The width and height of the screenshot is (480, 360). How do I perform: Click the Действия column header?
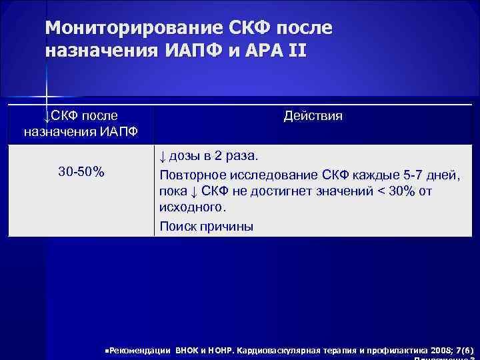coord(313,116)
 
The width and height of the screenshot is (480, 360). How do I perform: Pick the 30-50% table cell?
coord(81,172)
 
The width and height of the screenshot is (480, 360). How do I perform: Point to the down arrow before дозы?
coord(162,157)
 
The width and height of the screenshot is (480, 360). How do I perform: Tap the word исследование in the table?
coord(266,175)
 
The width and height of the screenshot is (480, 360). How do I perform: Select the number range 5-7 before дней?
coord(401,175)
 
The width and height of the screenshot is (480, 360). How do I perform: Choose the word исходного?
coord(190,209)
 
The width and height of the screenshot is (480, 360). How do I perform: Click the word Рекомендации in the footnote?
coord(139,350)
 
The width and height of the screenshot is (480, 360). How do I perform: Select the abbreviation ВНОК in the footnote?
coord(189,350)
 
